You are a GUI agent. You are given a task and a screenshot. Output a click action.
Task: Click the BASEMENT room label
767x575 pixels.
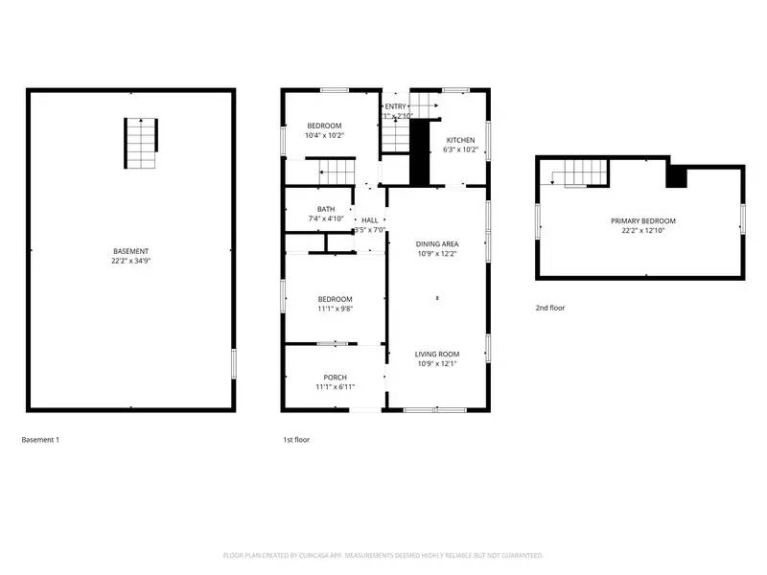(130, 251)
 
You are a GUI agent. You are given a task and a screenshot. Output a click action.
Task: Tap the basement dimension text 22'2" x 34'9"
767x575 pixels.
(130, 261)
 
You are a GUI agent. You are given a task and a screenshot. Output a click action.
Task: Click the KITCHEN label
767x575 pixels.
(460, 140)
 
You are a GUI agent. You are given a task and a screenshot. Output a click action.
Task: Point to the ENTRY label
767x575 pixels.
(395, 106)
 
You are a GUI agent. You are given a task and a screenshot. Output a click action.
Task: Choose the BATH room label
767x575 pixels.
(326, 209)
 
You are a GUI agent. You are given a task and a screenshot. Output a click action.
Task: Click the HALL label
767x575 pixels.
(369, 220)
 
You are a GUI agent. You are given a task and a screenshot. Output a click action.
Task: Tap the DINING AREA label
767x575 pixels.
(437, 244)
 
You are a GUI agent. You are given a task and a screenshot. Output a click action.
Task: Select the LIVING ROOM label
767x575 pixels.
(437, 354)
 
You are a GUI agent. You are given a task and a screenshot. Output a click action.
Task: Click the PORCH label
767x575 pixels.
(335, 378)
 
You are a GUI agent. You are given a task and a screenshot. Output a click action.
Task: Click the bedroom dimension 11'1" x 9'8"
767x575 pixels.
(335, 309)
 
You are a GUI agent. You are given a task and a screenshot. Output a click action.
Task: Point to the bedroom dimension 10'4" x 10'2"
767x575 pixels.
(324, 136)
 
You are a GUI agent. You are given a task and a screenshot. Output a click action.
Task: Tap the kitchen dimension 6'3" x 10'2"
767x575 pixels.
(460, 149)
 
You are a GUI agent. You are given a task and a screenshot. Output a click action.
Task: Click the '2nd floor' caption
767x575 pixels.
(550, 308)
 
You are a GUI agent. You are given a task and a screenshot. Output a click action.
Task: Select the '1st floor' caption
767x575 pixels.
(295, 440)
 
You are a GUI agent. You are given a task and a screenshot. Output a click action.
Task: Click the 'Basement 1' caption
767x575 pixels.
(40, 440)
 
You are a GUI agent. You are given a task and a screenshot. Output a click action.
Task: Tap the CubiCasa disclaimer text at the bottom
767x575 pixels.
(383, 556)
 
